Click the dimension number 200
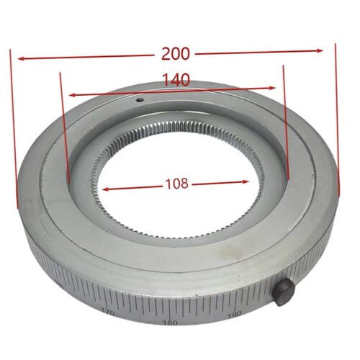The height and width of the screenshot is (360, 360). (176, 54)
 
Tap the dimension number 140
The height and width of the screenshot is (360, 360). (176, 80)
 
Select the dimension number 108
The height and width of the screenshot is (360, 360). (177, 184)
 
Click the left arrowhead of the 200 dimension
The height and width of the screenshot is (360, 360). (21, 59)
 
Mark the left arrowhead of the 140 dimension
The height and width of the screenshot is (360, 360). (73, 95)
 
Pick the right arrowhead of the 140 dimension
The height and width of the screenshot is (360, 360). (272, 88)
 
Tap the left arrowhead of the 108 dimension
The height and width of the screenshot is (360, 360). (106, 189)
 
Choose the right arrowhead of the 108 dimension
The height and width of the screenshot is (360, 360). (245, 181)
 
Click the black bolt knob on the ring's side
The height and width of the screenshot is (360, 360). (284, 292)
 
